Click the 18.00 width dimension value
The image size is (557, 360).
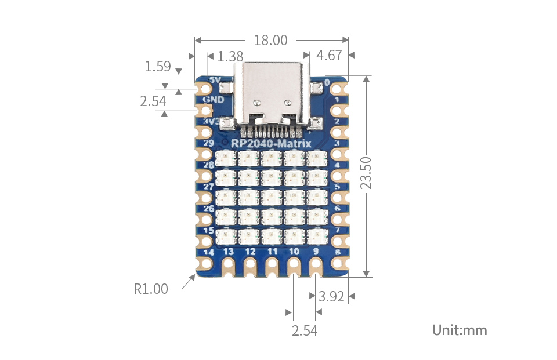pyautogui.click(x=270, y=41)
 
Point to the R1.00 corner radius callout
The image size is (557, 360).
pyautogui.click(x=151, y=289)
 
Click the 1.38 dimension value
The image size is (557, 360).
pyautogui.click(x=230, y=56)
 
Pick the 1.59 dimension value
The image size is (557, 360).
pyautogui.click(x=158, y=67)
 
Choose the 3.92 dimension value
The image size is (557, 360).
pyautogui.click(x=332, y=297)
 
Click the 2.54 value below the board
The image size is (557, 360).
pyautogui.click(x=305, y=331)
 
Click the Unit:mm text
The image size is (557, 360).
pyautogui.click(x=460, y=330)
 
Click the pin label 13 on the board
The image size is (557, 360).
pyautogui.click(x=229, y=252)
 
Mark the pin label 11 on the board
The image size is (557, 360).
pyautogui.click(x=272, y=252)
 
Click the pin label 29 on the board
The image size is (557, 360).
pyautogui.click(x=208, y=143)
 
